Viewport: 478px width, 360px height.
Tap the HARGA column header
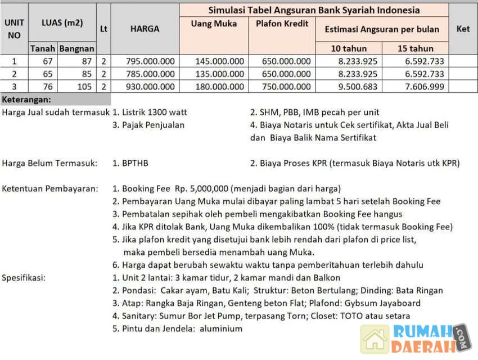click(145, 29)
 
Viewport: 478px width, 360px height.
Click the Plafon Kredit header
click(282, 24)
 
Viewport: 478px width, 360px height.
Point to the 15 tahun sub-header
click(415, 48)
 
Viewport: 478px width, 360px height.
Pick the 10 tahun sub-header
click(349, 48)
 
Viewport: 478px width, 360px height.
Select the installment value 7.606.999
click(421, 86)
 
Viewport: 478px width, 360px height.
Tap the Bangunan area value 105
click(84, 86)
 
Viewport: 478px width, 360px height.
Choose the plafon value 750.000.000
click(286, 86)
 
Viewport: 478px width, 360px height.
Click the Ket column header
click(463, 29)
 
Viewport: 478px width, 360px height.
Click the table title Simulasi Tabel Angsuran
click(314, 10)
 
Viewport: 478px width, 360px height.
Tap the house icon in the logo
click(375, 339)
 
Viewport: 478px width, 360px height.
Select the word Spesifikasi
click(24, 277)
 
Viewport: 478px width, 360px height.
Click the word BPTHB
click(136, 163)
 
